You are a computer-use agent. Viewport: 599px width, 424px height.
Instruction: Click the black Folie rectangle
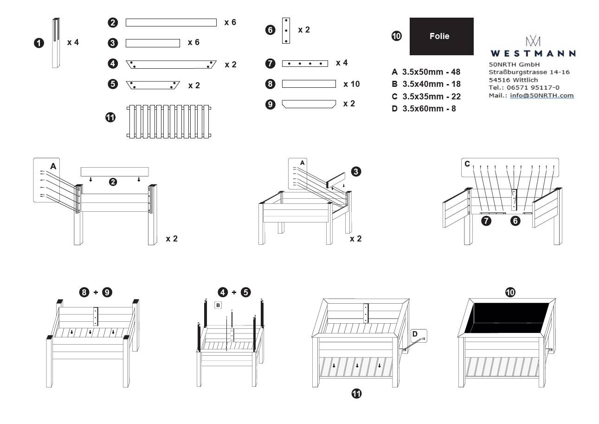coord(441,36)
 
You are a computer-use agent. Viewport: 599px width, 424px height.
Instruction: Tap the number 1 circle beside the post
coord(39,43)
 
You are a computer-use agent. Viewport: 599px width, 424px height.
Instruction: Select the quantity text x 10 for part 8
coord(352,84)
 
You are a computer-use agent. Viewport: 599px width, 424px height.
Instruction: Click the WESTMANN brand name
coord(533,53)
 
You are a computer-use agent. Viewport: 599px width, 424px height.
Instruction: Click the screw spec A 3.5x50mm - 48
coord(426,72)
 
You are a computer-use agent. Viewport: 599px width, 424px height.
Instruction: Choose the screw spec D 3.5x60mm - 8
coord(424,109)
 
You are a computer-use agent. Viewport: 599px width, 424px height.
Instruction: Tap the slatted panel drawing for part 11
coord(169,121)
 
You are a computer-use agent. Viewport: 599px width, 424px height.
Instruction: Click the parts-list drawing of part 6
coord(286,31)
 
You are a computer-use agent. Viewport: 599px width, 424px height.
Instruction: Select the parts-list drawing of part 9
coord(309,104)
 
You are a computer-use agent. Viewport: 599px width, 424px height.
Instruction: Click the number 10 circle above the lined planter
coord(510,292)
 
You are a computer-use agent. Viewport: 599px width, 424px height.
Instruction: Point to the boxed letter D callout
coord(415,333)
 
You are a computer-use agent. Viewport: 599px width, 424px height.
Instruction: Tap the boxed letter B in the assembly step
coord(218,305)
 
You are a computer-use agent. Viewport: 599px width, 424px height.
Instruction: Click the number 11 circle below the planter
coord(356,394)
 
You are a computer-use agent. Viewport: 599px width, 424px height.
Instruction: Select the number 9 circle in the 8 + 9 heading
coord(107,292)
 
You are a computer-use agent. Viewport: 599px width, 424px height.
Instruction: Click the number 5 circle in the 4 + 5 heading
coord(245,292)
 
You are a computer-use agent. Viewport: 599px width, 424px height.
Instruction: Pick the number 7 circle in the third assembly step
coord(486,221)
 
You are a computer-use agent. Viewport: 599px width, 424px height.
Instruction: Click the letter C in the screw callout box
coord(467,163)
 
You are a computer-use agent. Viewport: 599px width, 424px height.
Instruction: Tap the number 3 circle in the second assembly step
coord(356,171)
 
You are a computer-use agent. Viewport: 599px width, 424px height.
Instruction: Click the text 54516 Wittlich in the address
coord(513,80)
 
